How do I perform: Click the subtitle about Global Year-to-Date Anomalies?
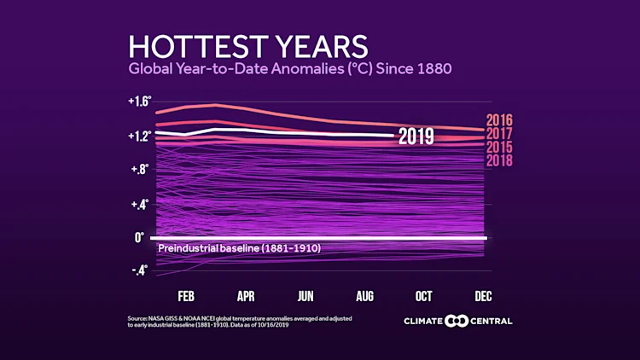290,68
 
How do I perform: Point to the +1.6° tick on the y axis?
139,102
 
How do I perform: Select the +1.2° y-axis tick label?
139,136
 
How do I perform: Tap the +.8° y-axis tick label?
139,169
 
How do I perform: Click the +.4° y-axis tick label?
139,204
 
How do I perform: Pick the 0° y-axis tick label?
139,237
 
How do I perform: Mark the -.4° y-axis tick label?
139,270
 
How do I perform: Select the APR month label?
246,296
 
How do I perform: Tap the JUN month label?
305,296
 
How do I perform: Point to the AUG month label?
364,296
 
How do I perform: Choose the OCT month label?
423,296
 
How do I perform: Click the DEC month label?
482,296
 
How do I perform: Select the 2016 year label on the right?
499,120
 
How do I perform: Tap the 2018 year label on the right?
499,160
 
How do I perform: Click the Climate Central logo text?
459,321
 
